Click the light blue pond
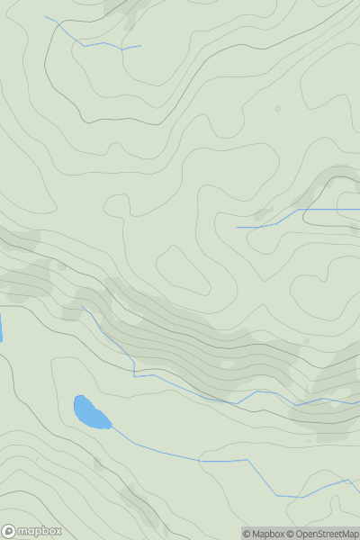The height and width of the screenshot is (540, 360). point(91,413)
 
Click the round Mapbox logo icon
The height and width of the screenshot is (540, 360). point(10,531)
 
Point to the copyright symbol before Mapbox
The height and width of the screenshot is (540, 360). point(247,534)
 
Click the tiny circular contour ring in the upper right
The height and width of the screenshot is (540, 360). point(277,109)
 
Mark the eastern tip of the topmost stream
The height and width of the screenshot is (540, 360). point(140,46)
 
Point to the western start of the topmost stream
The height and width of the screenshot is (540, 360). point(46,16)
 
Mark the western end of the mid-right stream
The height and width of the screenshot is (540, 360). point(237,228)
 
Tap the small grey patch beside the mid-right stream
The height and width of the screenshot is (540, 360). point(263,214)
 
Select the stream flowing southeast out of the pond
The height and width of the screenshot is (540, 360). point(198,459)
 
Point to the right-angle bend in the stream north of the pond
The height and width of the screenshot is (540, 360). point(135,375)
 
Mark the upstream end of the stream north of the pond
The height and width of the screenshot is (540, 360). point(83,307)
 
